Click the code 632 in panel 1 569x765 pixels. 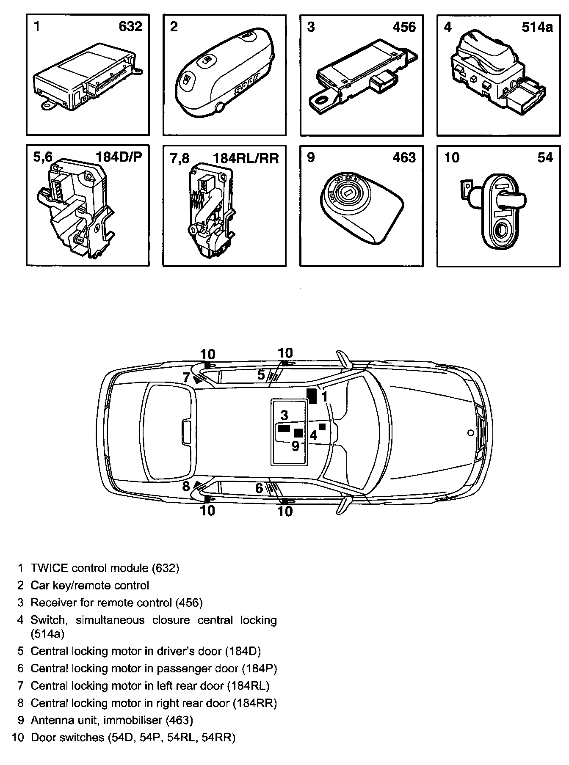(130, 27)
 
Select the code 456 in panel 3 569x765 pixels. (404, 27)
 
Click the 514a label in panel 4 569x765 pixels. (537, 27)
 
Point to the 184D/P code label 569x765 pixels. (119, 157)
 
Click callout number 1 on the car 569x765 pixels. (325, 396)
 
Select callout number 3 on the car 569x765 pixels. (284, 415)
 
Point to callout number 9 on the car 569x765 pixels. (296, 446)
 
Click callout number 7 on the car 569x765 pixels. (186, 377)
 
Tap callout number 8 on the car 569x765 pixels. (186, 487)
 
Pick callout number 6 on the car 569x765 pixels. (259, 488)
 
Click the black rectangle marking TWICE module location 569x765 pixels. (312, 396)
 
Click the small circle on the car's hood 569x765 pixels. (470, 432)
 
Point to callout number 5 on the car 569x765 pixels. (261, 374)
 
